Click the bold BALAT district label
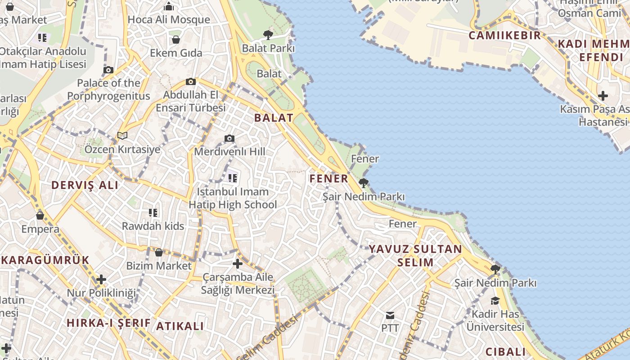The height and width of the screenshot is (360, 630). point(274,118)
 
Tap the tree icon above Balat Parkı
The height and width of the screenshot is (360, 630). point(268,35)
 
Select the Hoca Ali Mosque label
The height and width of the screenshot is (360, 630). point(169,19)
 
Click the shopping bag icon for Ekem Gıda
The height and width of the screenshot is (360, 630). point(176,40)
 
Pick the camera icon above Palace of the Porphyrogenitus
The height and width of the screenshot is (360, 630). point(108,70)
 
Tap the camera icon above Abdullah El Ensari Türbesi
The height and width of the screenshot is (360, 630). point(191,81)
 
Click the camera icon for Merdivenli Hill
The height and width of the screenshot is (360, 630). point(229,138)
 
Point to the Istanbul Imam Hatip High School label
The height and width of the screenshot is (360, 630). point(233,198)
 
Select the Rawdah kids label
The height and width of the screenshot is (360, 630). point(153,226)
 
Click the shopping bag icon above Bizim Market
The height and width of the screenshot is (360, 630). point(158,252)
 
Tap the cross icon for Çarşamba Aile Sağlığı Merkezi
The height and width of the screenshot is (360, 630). point(238,264)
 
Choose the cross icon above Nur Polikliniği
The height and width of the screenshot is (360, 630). point(101,279)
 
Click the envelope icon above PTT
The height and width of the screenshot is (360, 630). point(390,315)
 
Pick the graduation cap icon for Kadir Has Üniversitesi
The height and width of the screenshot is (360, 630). point(495,301)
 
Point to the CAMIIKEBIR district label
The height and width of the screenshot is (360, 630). point(504,35)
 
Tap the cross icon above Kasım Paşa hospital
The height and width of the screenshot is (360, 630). point(603,96)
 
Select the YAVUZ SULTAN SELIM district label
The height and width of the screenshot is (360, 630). point(415,255)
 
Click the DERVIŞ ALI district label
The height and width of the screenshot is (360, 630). point(85,185)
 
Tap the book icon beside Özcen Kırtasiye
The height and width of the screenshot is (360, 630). point(122,135)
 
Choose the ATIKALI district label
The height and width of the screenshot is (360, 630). point(180,326)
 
